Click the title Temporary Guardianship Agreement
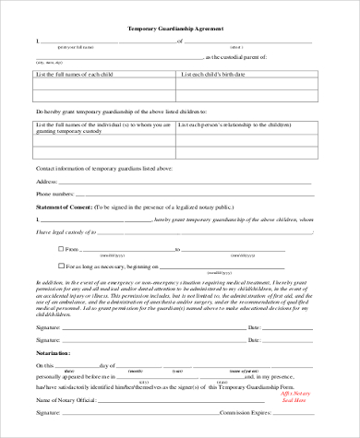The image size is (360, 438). tap(180, 29)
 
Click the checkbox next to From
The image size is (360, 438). tap(37, 248)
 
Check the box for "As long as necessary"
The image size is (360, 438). tap(37, 266)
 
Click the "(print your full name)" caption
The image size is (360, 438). tap(76, 46)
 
